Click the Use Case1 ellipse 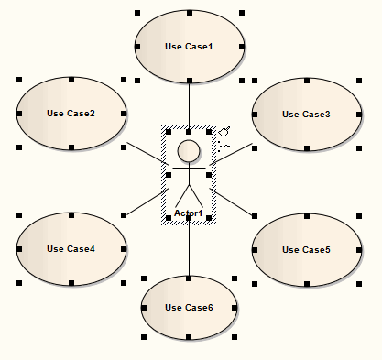(189, 46)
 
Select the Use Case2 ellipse (71, 114)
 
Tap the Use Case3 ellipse (306, 114)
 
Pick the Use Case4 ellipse (71, 248)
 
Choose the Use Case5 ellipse (306, 248)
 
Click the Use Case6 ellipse (189, 307)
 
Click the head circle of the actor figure (189, 151)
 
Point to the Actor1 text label (189, 213)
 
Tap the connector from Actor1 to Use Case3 (234, 152)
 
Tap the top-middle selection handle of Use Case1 (189, 13)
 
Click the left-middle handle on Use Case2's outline (18, 114)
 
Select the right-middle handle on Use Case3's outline (359, 114)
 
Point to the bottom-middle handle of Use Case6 (189, 339)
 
